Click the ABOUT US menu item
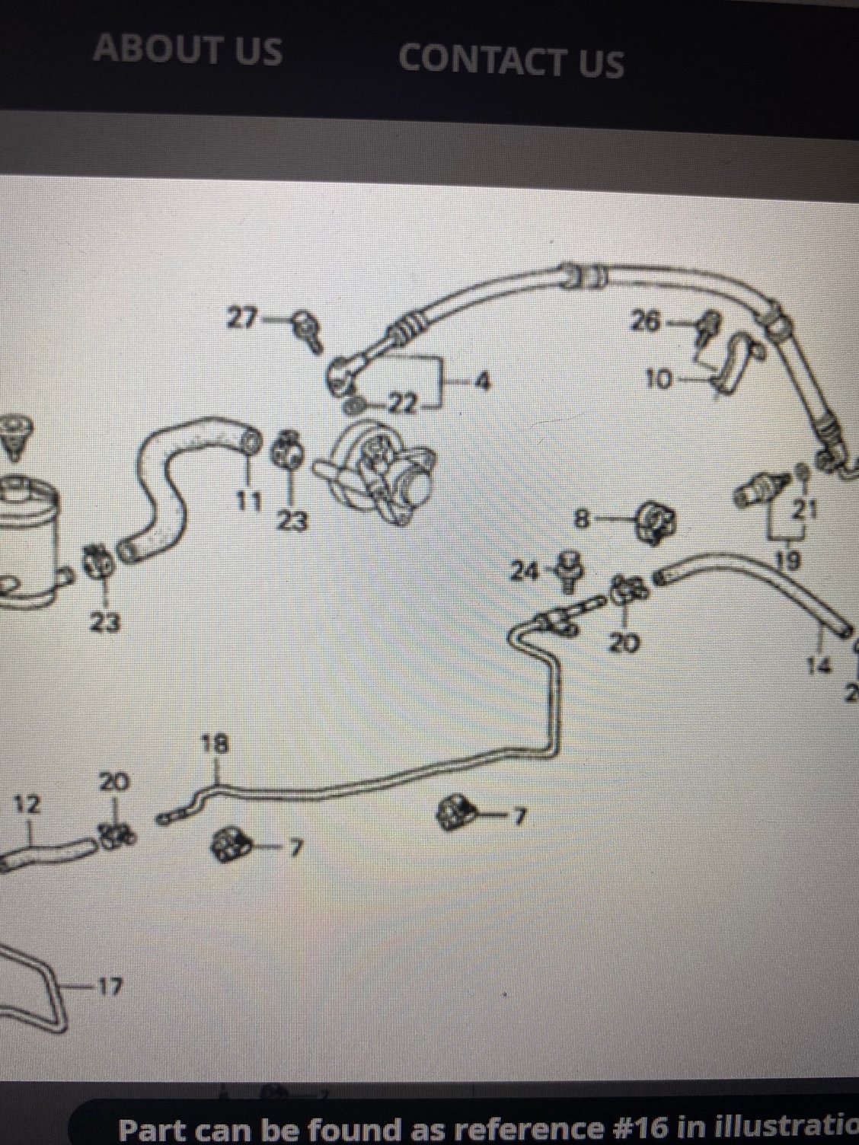[x=187, y=49]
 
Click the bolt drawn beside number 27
[x=308, y=331]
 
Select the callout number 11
[x=248, y=501]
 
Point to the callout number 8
[x=582, y=520]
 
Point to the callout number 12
[x=28, y=804]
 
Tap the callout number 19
[x=790, y=562]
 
